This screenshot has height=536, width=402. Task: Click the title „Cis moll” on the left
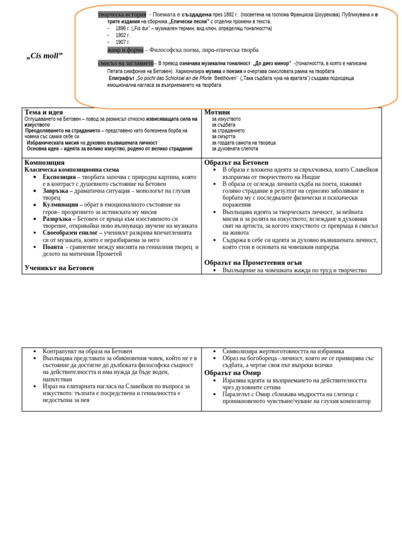[44, 55]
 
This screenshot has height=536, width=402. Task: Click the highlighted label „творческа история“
[122, 14]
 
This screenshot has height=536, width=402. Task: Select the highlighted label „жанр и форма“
[125, 50]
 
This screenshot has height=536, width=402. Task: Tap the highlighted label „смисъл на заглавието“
[126, 63]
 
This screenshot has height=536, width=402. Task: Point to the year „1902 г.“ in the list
[122, 35]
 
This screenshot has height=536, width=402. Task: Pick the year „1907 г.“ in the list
[122, 42]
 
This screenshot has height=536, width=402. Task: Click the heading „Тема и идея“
[44, 112]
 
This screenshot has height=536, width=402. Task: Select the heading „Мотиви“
[217, 112]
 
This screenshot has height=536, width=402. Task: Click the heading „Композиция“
[44, 162]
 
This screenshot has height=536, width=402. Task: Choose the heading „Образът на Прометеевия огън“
[253, 262]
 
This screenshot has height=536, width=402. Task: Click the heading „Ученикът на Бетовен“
[59, 267]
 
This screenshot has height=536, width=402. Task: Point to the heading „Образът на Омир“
[232, 373]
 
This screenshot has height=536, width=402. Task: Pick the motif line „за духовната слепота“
[234, 149]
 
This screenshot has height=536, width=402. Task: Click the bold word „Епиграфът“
[122, 78]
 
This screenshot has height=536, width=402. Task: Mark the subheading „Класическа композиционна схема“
[72, 170]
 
